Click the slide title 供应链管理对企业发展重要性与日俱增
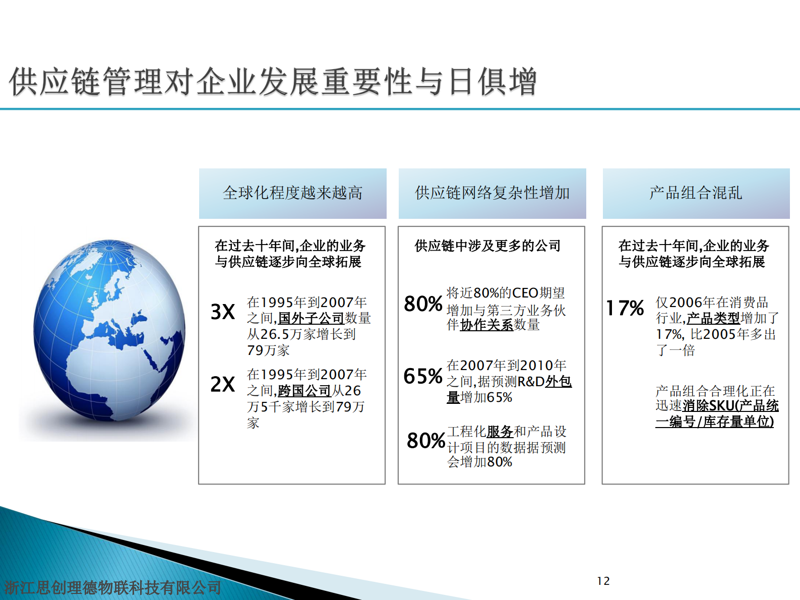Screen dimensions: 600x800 pyautogui.click(x=273, y=82)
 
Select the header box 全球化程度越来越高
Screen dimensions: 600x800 pyautogui.click(x=292, y=193)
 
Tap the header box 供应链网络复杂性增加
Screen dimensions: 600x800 pyautogui.click(x=492, y=193)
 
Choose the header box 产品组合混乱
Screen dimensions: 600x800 pyautogui.click(x=696, y=193)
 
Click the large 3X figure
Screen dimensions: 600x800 pyautogui.click(x=223, y=312)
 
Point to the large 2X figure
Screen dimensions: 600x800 pyautogui.click(x=223, y=385)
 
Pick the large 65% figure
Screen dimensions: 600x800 pyautogui.click(x=423, y=376)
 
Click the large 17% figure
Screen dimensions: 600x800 pyautogui.click(x=625, y=308)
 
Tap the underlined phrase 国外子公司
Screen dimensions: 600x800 pyautogui.click(x=311, y=319)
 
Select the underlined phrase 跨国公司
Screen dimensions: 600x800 pyautogui.click(x=304, y=391)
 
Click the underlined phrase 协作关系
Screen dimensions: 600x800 pyautogui.click(x=486, y=325)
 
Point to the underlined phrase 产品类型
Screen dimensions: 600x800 pyautogui.click(x=713, y=319)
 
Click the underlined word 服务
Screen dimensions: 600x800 pyautogui.click(x=500, y=432)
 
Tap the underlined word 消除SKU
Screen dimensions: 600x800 pyautogui.click(x=708, y=406)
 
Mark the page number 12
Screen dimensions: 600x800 pyautogui.click(x=603, y=581)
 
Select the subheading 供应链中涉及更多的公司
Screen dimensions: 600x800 pyautogui.click(x=487, y=246)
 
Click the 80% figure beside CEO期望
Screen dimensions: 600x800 pyautogui.click(x=423, y=304)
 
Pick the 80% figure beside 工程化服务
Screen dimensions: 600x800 pyautogui.click(x=426, y=441)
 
